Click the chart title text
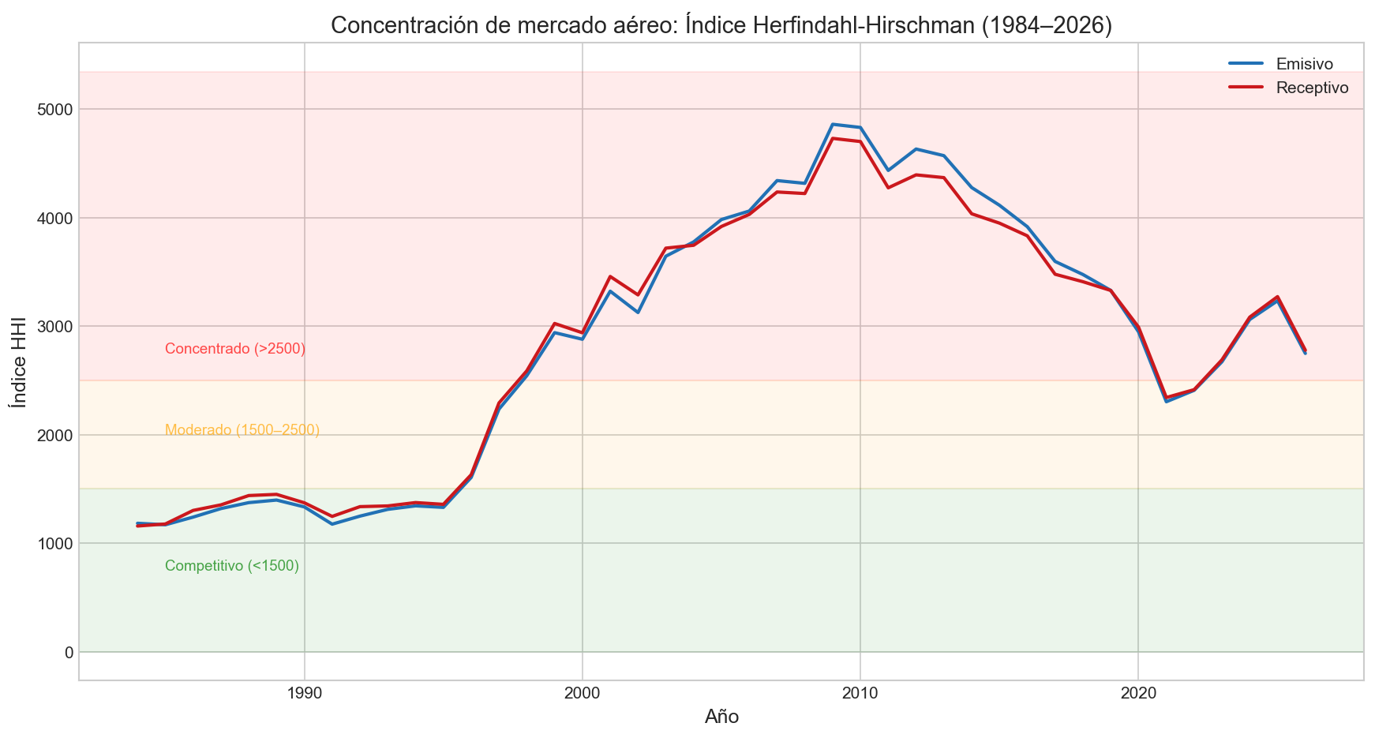click(x=721, y=25)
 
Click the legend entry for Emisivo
click(x=1304, y=64)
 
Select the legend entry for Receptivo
click(x=1312, y=88)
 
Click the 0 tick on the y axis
click(x=69, y=652)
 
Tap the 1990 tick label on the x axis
click(x=305, y=693)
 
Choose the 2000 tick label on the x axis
click(x=583, y=693)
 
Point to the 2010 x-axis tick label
click(x=860, y=693)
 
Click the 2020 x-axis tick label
click(x=1138, y=693)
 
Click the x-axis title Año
click(x=721, y=717)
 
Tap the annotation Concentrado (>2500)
click(x=234, y=349)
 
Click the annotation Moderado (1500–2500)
click(x=242, y=430)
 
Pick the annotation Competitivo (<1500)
click(x=231, y=566)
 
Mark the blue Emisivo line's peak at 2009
click(x=833, y=124)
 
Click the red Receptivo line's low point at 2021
click(x=1167, y=398)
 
